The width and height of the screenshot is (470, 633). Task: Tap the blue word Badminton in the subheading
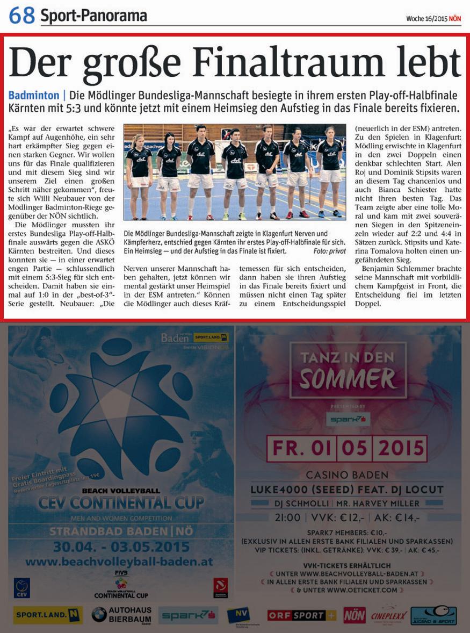click(x=33, y=95)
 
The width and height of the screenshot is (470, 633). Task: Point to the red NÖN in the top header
click(x=454, y=18)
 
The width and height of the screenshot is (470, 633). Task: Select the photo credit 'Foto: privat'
click(x=329, y=251)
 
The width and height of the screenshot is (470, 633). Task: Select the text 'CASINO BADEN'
click(x=346, y=475)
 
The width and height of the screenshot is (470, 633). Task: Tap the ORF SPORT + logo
click(x=301, y=615)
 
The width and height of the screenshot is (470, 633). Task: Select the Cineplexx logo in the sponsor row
click(x=389, y=615)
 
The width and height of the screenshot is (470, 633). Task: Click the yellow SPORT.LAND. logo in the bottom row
click(x=47, y=614)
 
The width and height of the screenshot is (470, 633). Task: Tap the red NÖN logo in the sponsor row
click(x=355, y=615)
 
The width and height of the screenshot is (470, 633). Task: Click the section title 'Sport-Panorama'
click(x=94, y=17)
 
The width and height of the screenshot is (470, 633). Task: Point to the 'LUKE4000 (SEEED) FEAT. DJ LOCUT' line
click(x=347, y=490)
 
